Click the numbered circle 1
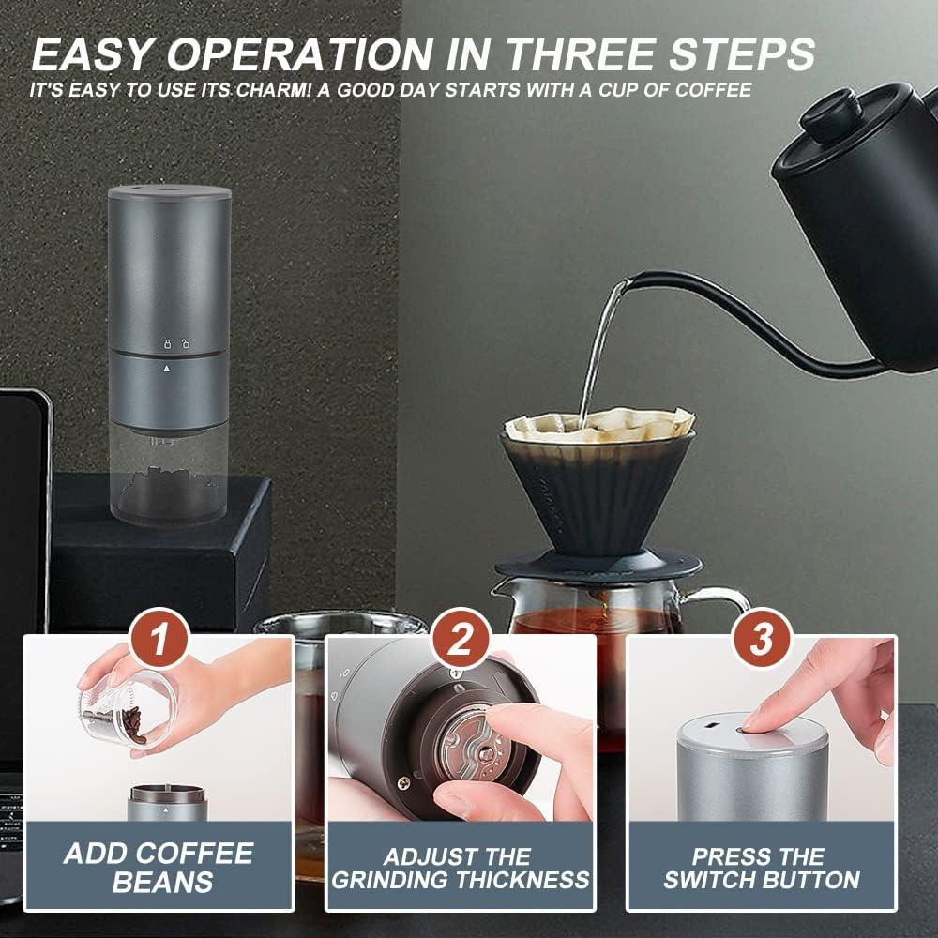click(159, 638)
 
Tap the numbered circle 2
click(460, 638)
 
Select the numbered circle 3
click(762, 638)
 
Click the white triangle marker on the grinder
click(166, 368)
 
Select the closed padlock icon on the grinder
click(168, 344)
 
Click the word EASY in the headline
click(91, 54)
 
